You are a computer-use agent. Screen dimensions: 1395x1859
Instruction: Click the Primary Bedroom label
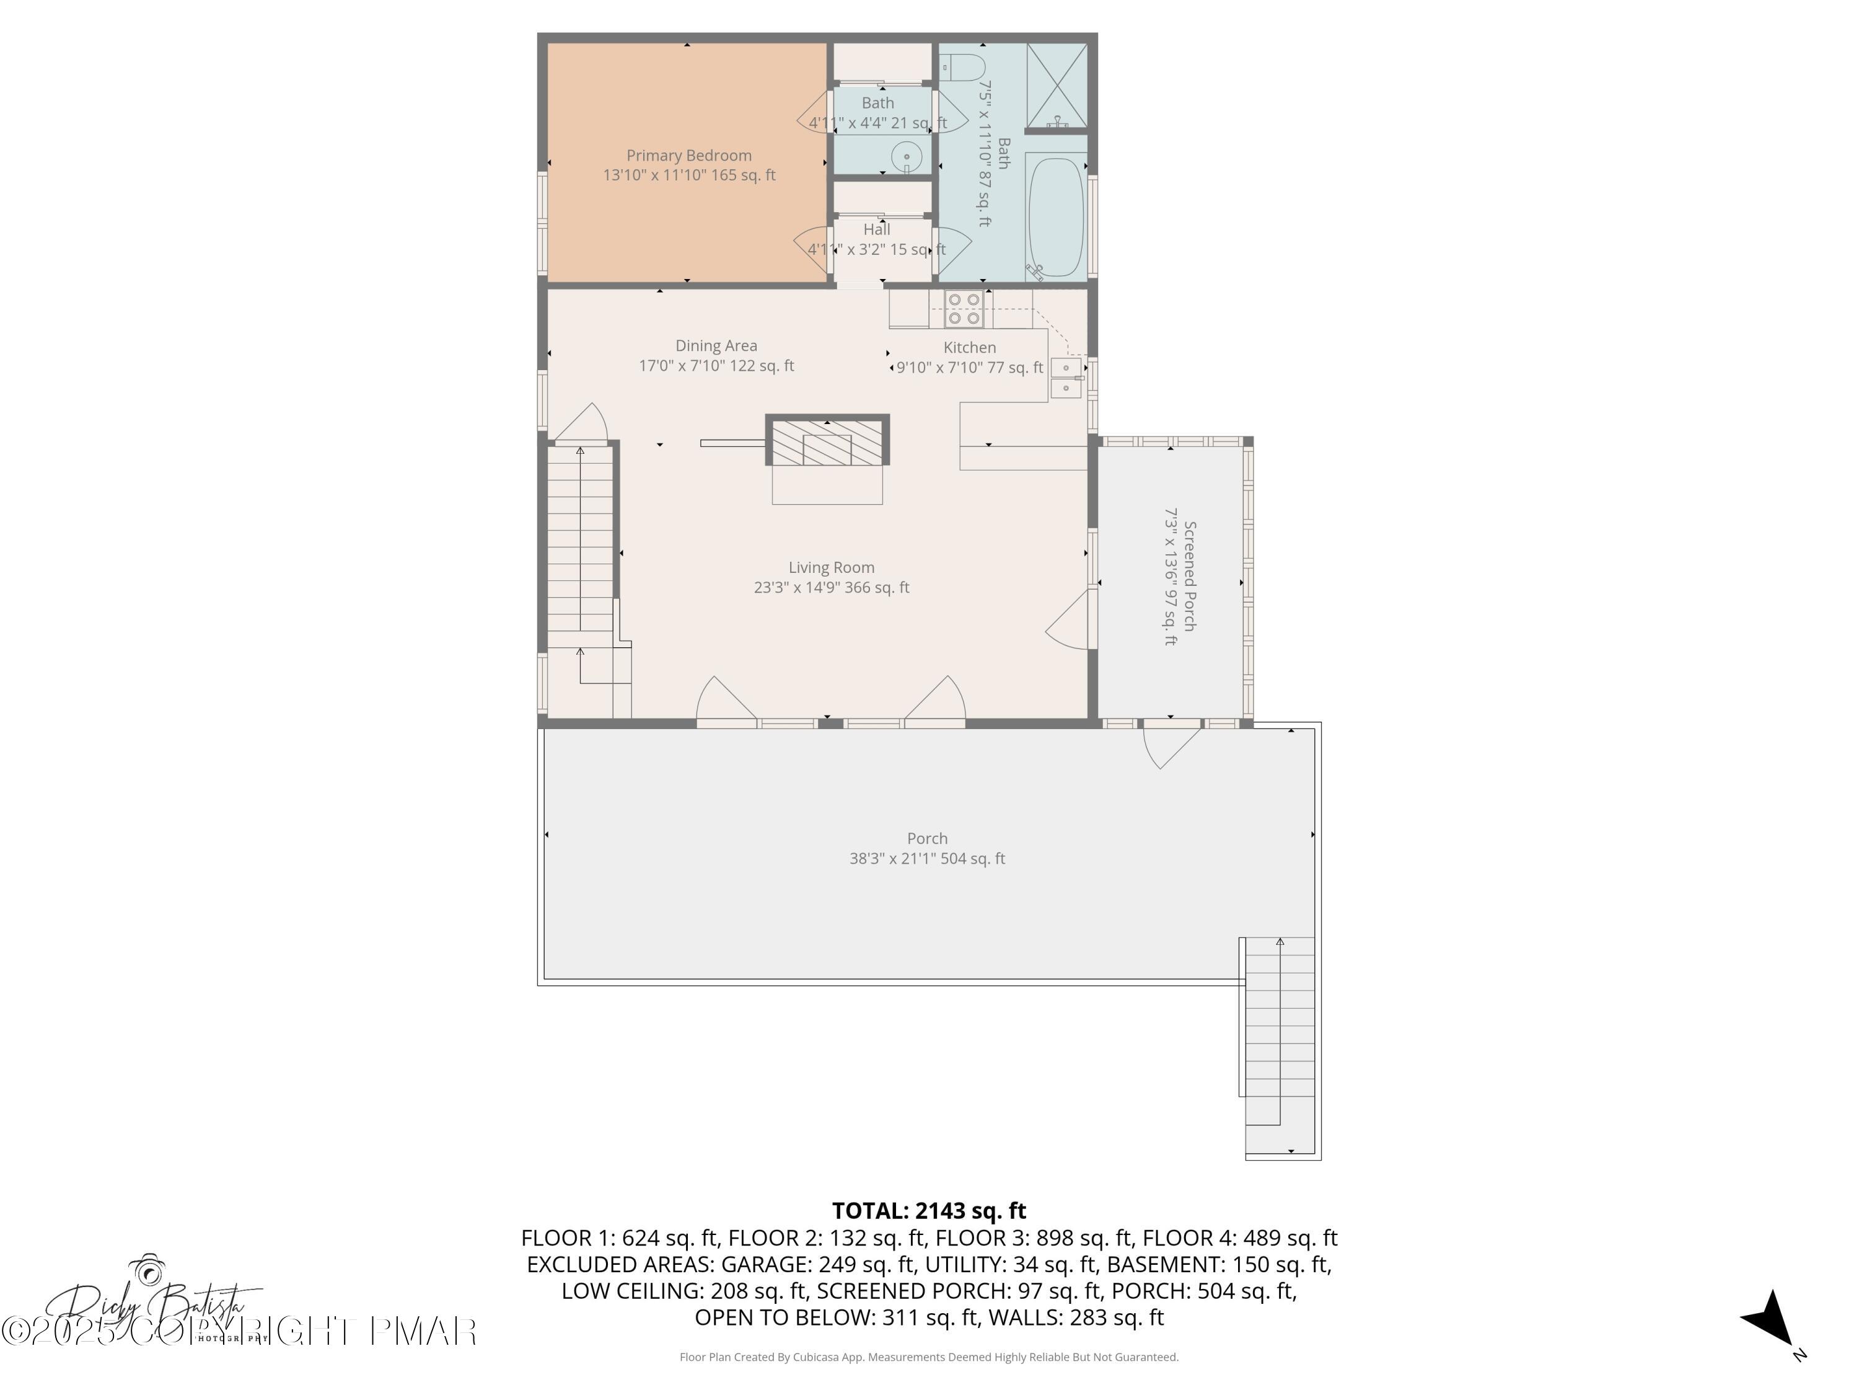[688, 156]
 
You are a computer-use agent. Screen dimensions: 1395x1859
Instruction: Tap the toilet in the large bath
[963, 66]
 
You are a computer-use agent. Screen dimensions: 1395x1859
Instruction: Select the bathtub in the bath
[1055, 216]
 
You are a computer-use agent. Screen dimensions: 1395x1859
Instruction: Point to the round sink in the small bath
[906, 157]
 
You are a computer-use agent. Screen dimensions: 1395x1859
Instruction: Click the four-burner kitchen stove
[963, 309]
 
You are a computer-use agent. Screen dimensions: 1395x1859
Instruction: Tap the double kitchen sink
[1066, 378]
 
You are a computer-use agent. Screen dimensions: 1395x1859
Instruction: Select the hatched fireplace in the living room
[827, 442]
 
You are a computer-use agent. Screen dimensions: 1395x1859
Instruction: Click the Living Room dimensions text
[831, 588]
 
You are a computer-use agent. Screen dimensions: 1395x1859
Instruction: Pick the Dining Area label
[716, 345]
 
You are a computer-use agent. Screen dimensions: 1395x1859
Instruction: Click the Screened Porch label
[1190, 576]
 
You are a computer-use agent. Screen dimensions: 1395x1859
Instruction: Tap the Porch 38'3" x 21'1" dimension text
[927, 859]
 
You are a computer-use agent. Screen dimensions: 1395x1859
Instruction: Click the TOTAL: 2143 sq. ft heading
[929, 1211]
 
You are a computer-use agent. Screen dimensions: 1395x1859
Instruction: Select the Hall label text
[877, 229]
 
